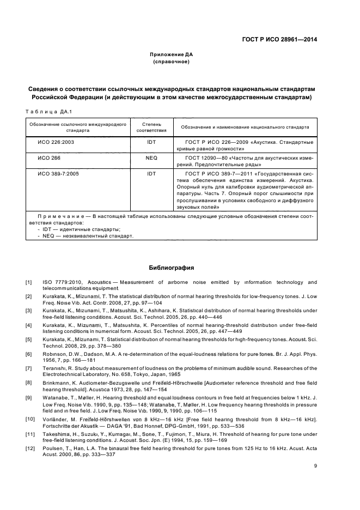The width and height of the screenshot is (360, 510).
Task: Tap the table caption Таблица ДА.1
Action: point(44,112)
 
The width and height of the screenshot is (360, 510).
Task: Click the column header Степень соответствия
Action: point(151,127)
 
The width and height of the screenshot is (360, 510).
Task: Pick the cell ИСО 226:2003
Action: point(52,142)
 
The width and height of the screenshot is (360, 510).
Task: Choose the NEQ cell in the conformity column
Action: point(151,158)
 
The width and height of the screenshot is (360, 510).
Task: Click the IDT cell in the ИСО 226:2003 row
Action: point(151,142)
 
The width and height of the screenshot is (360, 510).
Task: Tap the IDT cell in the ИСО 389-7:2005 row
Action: point(151,174)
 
